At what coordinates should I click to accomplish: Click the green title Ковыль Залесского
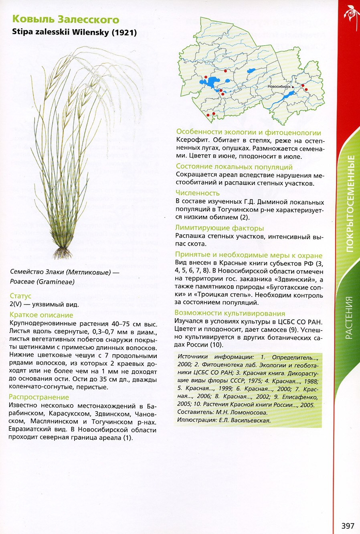[x=66, y=19]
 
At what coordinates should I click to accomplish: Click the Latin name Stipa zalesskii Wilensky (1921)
[x=75, y=32]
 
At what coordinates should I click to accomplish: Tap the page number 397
[x=348, y=526]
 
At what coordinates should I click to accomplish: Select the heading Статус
[x=20, y=296]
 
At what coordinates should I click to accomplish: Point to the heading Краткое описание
[x=41, y=315]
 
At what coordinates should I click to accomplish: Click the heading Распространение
[x=39, y=397]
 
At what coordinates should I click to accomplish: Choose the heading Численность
[x=198, y=193]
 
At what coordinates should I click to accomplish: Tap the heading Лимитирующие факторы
[x=220, y=228]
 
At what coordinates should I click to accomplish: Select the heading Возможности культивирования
[x=230, y=313]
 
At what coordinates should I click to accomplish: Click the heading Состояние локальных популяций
[x=234, y=166]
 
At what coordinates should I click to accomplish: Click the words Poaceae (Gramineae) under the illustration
[x=42, y=282]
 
